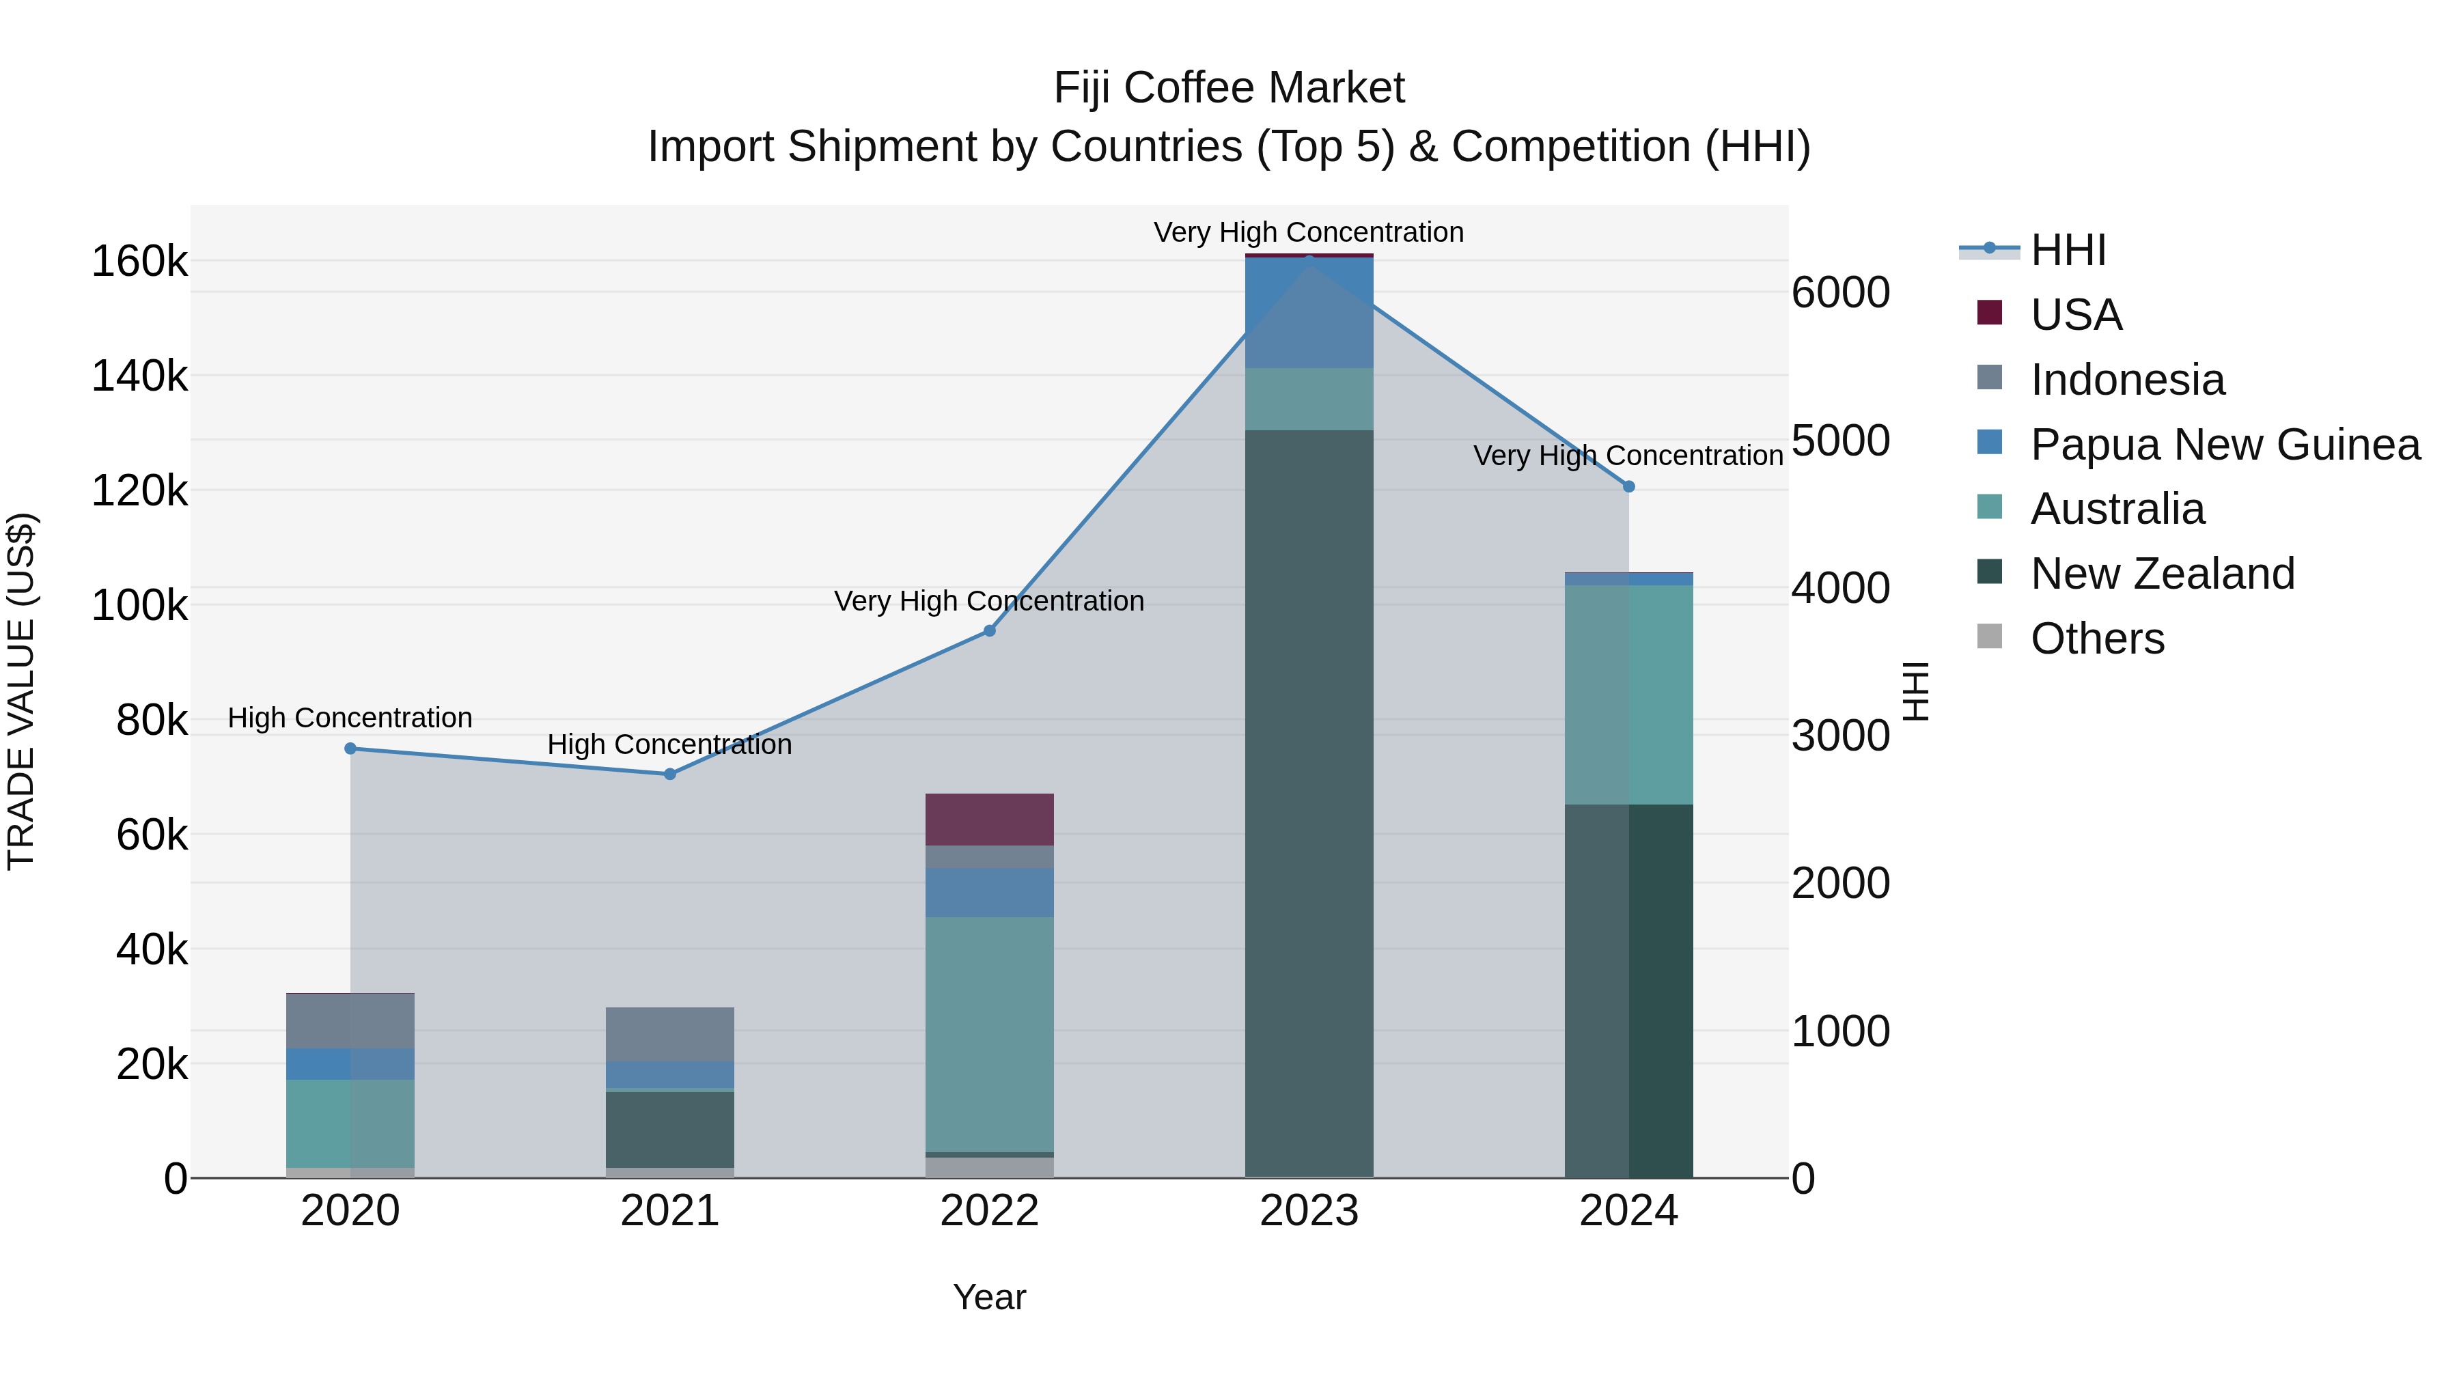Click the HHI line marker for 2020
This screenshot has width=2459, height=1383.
point(350,749)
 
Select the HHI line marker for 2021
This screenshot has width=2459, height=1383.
point(670,774)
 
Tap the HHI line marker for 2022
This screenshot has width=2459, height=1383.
point(990,631)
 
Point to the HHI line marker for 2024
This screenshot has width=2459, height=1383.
point(1630,487)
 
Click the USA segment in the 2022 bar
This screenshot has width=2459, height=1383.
point(990,819)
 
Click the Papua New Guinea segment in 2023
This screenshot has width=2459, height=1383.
point(1309,313)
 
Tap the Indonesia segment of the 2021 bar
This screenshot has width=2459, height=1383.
point(670,1034)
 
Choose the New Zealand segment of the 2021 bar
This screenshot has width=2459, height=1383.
point(670,1129)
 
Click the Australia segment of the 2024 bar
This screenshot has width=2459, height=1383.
point(1630,695)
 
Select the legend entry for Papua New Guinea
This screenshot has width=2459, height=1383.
point(2224,445)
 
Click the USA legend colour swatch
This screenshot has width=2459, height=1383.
point(1989,313)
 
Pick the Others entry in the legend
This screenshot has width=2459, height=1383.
point(2096,639)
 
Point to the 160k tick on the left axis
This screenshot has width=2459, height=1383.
point(139,262)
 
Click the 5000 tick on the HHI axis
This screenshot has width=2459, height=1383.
point(1840,441)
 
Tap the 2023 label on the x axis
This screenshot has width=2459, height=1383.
point(1309,1211)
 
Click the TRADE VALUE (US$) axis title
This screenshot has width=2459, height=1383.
point(22,691)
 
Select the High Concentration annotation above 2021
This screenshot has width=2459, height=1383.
point(670,744)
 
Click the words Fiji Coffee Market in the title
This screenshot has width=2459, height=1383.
point(1229,88)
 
